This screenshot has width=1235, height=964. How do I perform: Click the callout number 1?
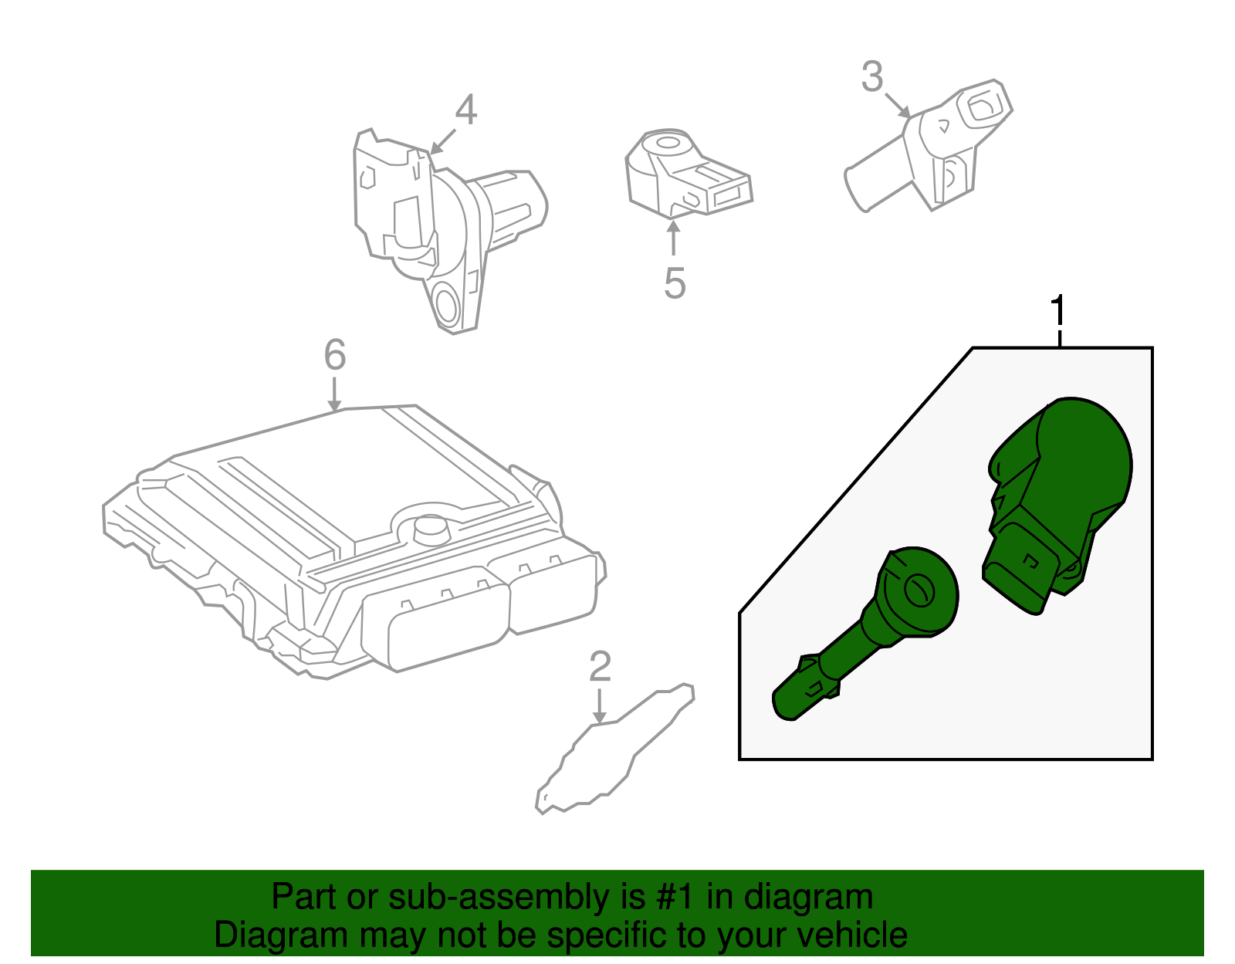1059,312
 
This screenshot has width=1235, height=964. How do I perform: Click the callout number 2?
600,667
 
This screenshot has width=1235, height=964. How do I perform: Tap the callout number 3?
872,77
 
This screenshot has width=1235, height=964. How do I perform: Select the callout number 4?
465,110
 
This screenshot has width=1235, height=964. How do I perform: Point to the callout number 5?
675,283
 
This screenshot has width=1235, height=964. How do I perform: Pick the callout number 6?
334,355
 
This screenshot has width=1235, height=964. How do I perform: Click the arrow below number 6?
334,395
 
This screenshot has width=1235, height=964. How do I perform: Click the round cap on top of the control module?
430,529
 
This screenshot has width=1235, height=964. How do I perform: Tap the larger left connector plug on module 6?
436,625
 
